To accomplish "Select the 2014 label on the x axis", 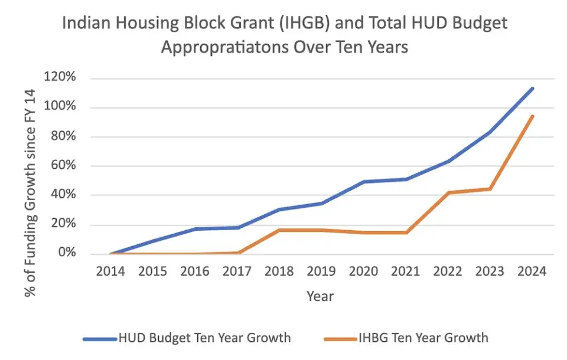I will tap(110, 271).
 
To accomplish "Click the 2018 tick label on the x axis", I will tap(279, 271).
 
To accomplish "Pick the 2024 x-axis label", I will tap(533, 271).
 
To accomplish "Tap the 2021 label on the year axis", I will tap(406, 271).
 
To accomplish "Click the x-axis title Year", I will tap(320, 296).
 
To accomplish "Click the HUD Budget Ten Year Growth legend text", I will tap(204, 338).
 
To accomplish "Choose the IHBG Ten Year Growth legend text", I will tap(423, 338).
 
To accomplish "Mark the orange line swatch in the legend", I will tap(340, 338).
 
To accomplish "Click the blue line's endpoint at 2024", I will tap(533, 89).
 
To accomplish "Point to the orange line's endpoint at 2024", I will tap(533, 116).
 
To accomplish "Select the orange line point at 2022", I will tap(448, 192).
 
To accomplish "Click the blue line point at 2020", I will tap(364, 182).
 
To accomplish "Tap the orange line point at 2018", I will tap(279, 230).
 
